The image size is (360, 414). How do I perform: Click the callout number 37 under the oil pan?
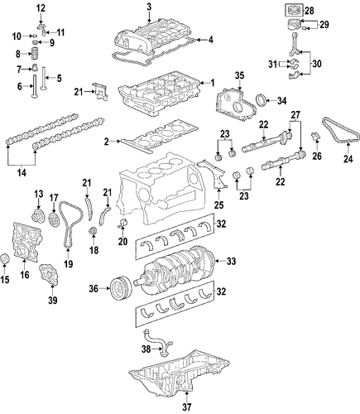tap(187, 407)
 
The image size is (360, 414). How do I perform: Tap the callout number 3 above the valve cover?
tap(149, 7)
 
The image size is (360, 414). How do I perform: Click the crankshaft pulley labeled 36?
tap(121, 289)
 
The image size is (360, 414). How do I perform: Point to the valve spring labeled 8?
tap(34, 53)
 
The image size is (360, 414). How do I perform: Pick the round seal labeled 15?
tap(5, 259)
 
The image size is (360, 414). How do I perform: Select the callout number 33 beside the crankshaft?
tap(231, 261)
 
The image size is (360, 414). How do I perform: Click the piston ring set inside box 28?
tap(294, 11)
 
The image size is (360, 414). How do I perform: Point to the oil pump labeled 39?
tap(49, 275)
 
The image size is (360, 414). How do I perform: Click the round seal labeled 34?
tap(262, 100)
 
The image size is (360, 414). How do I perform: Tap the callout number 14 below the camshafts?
tap(22, 173)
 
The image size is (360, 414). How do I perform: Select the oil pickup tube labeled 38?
tap(157, 342)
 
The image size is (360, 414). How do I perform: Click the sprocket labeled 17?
tap(53, 219)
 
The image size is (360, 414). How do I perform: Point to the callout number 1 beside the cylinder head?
tap(212, 83)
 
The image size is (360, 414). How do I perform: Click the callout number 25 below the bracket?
tap(219, 205)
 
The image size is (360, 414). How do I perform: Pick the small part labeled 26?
tap(316, 137)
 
